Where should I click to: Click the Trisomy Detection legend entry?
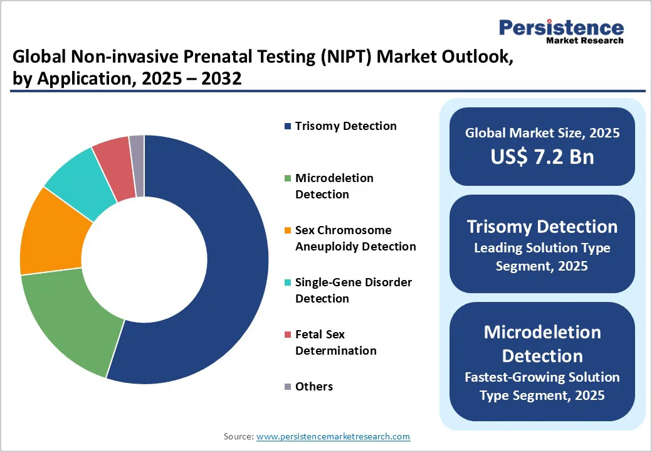pyautogui.click(x=345, y=126)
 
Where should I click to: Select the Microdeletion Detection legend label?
pyautogui.click(x=334, y=186)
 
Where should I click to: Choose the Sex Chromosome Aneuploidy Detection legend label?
pyautogui.click(x=355, y=239)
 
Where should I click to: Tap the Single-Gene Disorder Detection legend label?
pyautogui.click(x=353, y=291)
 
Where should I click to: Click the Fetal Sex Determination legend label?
pyautogui.click(x=335, y=343)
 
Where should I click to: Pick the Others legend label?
pyautogui.click(x=313, y=387)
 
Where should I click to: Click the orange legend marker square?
pyautogui.click(x=288, y=231)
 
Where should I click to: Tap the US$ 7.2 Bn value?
pyautogui.click(x=542, y=156)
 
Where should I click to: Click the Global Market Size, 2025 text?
pyautogui.click(x=542, y=133)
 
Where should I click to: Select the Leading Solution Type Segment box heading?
pyautogui.click(x=542, y=227)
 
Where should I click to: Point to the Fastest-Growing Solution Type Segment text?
pyautogui.click(x=542, y=386)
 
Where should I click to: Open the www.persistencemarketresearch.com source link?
pyautogui.click(x=333, y=436)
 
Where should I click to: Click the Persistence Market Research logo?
pyautogui.click(x=560, y=31)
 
